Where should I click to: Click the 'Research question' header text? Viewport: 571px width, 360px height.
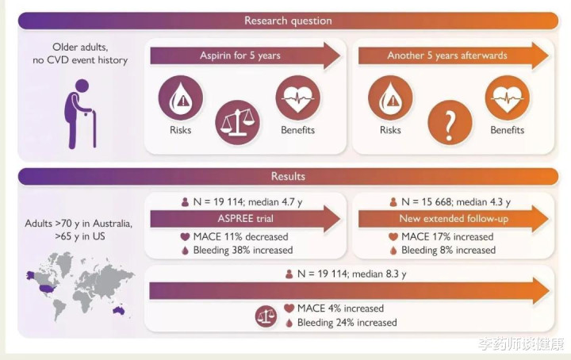[288, 21]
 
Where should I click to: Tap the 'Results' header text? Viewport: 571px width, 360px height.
[288, 176]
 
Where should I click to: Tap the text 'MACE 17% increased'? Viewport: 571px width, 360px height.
[449, 236]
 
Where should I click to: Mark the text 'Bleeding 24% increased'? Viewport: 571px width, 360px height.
[347, 323]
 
